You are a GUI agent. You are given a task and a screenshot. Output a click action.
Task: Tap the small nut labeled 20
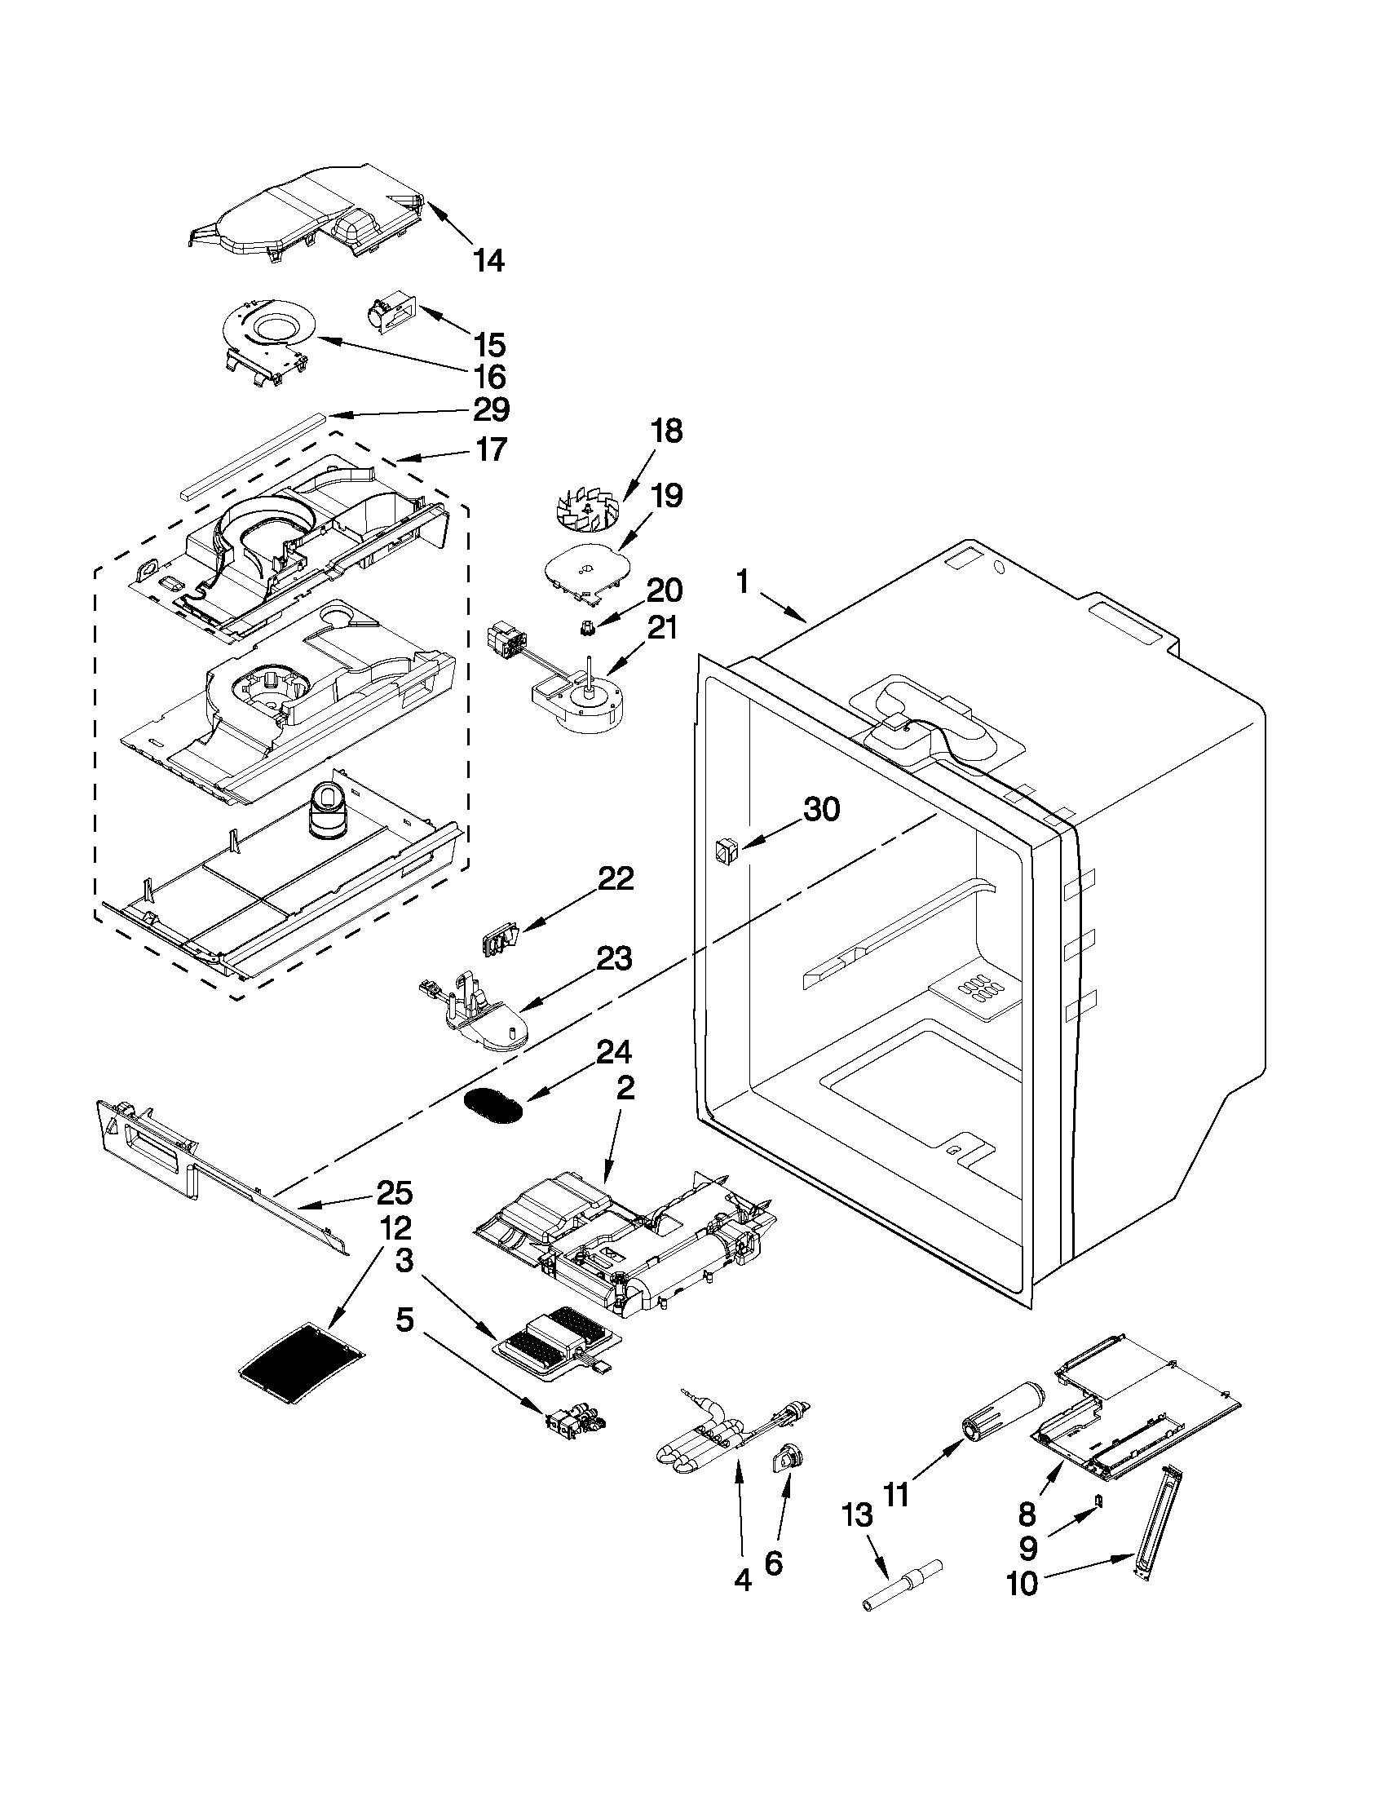586,629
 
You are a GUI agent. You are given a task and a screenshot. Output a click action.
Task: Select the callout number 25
395,1192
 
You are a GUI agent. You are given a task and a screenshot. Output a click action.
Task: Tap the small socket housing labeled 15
391,316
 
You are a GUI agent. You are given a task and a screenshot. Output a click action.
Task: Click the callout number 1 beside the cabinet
742,583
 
